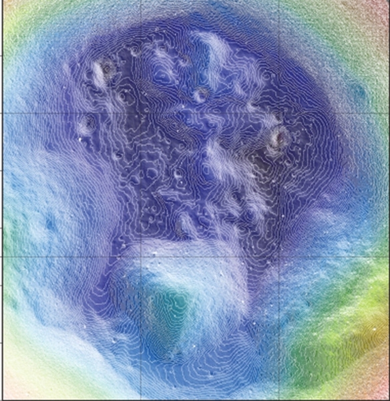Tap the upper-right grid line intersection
click(278, 113)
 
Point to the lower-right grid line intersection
click(278, 257)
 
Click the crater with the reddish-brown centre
click(277, 138)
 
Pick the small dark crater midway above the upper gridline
click(199, 95)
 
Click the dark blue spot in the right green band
click(361, 92)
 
